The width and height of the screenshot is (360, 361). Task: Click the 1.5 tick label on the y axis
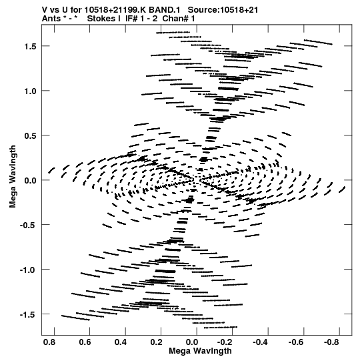(x=30, y=46)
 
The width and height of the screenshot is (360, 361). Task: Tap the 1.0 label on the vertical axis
(x=30, y=91)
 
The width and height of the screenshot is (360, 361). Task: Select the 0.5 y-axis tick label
(x=30, y=135)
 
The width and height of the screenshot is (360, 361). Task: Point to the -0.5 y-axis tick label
(x=28, y=225)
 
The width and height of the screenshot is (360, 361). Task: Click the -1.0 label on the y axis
(x=28, y=270)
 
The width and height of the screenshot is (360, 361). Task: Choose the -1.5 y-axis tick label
(x=28, y=314)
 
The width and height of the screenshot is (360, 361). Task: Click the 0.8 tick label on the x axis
(x=49, y=342)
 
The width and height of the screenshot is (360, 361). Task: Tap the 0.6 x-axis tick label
(x=85, y=342)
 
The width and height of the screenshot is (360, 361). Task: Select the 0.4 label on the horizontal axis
(x=121, y=342)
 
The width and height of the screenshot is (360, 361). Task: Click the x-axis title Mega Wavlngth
(x=200, y=351)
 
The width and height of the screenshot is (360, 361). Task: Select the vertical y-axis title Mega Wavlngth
(x=13, y=176)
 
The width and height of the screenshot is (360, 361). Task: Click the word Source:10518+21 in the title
(x=223, y=10)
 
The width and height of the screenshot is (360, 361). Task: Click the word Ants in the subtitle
(x=51, y=19)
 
